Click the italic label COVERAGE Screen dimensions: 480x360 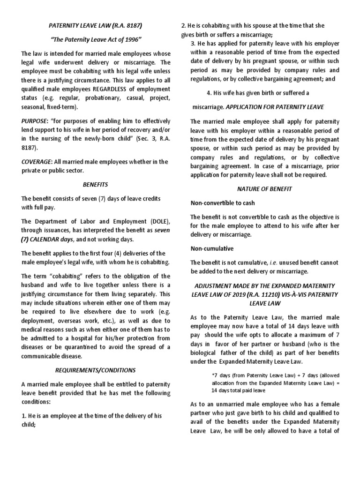[37, 162]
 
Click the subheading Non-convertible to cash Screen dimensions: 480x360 [223, 203]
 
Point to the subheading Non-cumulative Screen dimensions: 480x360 [211, 248]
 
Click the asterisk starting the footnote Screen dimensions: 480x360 [213, 375]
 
